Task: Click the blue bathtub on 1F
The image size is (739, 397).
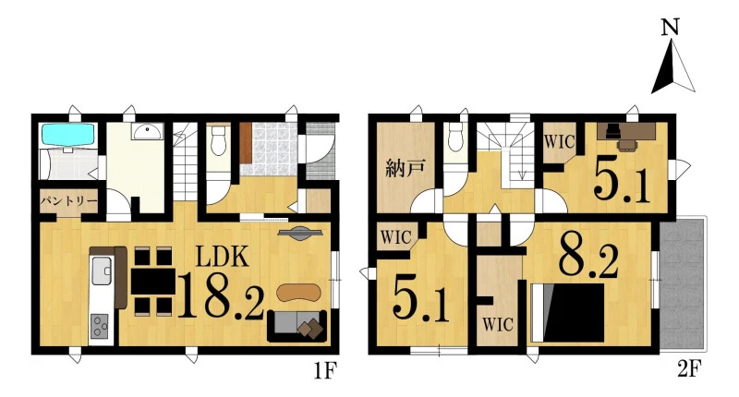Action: (67, 134)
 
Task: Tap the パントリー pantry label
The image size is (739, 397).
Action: (68, 202)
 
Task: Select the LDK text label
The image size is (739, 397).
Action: (222, 258)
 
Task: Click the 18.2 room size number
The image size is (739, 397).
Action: (220, 295)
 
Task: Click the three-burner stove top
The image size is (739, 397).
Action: (100, 326)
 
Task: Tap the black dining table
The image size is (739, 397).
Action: (152, 282)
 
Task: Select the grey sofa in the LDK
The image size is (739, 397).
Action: (297, 325)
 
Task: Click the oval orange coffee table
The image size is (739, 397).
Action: (298, 293)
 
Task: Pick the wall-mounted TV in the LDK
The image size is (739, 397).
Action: (300, 233)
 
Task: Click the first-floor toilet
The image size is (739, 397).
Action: (218, 141)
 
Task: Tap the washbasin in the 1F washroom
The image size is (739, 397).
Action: (148, 131)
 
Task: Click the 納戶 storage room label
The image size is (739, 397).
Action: (406, 168)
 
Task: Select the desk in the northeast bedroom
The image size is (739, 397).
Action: (626, 132)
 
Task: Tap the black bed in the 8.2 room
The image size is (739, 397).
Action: (567, 313)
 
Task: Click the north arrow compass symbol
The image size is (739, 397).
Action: (672, 66)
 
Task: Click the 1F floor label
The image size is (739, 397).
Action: (326, 371)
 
